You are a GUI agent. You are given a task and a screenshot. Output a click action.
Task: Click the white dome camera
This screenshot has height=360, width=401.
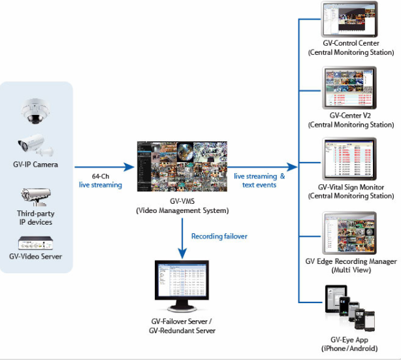click(x=35, y=111)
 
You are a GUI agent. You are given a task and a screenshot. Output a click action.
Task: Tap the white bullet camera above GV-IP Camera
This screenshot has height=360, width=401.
click(x=35, y=145)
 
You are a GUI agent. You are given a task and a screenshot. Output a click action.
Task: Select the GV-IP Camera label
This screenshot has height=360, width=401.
click(x=35, y=165)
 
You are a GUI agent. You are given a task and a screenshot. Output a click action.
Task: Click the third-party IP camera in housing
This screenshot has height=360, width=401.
click(x=36, y=197)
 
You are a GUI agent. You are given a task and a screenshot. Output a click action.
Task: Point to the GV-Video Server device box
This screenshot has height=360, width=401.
click(x=35, y=243)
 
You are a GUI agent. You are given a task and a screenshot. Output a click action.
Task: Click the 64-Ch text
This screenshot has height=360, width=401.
click(x=101, y=176)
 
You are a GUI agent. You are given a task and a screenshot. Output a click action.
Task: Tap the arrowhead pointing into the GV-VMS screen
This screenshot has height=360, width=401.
click(x=129, y=167)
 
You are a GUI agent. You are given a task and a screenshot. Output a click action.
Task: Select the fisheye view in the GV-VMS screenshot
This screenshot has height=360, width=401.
click(x=185, y=152)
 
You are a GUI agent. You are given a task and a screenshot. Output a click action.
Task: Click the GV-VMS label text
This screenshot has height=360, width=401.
click(x=182, y=201)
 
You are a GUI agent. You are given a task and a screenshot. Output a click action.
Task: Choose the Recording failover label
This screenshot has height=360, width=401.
click(x=219, y=236)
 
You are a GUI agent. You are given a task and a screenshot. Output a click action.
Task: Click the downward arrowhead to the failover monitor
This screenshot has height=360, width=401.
click(x=182, y=254)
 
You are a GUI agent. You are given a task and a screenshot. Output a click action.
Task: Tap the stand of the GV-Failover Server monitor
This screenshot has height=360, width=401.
click(x=182, y=306)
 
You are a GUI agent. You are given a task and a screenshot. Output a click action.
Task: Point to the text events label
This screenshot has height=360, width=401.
click(x=259, y=185)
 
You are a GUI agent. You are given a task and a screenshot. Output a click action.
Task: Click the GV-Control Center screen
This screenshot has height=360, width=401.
click(x=349, y=19)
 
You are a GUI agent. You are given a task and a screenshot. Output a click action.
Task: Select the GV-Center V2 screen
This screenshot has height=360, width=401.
click(x=349, y=88)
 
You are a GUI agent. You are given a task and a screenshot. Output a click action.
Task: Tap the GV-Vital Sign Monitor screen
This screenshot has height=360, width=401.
click(x=349, y=159)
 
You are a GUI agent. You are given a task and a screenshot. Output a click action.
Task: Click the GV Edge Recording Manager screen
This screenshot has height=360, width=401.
click(x=349, y=233)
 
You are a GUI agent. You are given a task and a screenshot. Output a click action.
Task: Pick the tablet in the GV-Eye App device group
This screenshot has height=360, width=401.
click(x=336, y=299)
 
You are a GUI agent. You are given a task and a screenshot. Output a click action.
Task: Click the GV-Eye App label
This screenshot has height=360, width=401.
click(x=349, y=340)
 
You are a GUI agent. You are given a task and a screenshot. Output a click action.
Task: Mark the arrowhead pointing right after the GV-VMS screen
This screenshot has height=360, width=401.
click(x=292, y=167)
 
